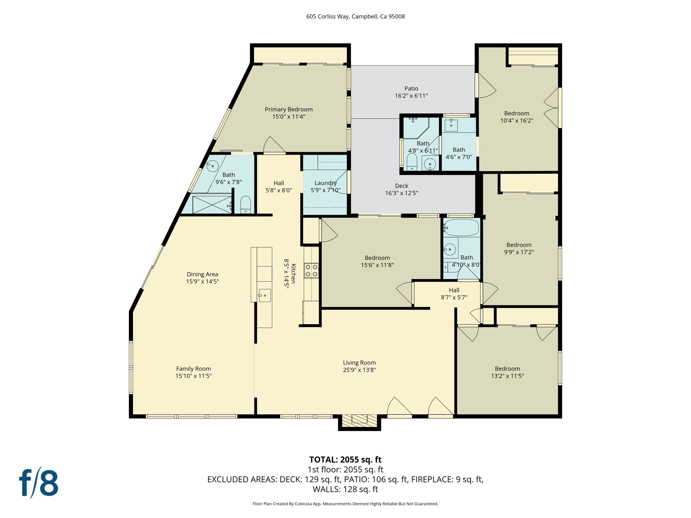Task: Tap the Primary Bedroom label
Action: (x=288, y=109)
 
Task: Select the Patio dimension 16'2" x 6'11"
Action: (x=411, y=96)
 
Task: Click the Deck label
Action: (x=402, y=186)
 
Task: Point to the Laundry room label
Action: (x=325, y=183)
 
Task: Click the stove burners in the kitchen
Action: (x=311, y=270)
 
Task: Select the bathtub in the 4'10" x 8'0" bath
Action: (x=461, y=227)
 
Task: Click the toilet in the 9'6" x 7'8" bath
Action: (x=246, y=205)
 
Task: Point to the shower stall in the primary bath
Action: (x=211, y=204)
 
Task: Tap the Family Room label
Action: (x=193, y=369)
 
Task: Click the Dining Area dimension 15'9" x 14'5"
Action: (x=202, y=281)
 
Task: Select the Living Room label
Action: (x=359, y=363)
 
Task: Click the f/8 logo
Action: (x=39, y=483)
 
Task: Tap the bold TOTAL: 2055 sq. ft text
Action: (x=345, y=460)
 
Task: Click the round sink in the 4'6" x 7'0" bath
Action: (x=451, y=125)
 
